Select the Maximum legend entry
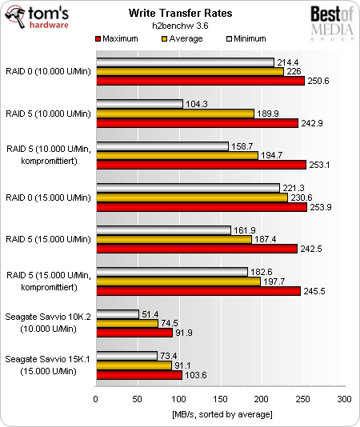coord(122,38)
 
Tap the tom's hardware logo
coord(43,18)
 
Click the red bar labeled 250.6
coord(199,81)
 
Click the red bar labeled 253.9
coord(201,207)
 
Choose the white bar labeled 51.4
coord(117,314)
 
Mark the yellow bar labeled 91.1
coord(134,365)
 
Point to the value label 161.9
coord(242,230)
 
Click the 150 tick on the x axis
coord(220,398)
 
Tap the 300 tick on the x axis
coord(344,398)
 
